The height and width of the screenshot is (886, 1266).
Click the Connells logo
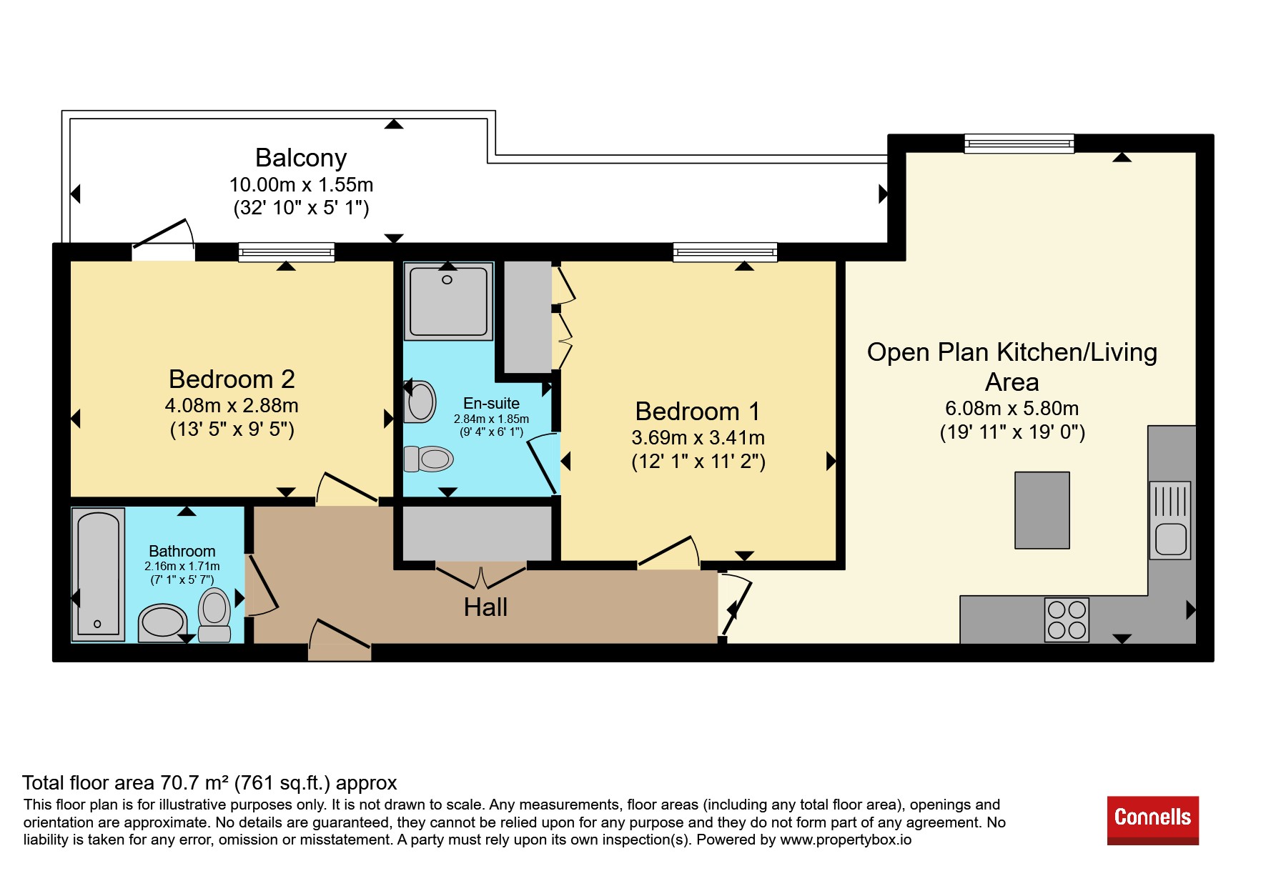[1152, 820]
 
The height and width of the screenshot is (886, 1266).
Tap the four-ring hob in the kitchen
[1067, 619]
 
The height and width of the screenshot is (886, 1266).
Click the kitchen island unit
[1042, 510]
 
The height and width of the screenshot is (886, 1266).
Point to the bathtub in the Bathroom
[98, 574]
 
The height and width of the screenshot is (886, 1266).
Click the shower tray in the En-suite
[448, 301]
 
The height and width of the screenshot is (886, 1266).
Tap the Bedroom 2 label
[232, 379]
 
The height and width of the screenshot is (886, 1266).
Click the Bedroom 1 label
[698, 412]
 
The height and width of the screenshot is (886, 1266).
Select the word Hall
[485, 607]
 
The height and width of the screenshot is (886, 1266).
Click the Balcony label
[301, 158]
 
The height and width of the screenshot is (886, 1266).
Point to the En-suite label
[491, 403]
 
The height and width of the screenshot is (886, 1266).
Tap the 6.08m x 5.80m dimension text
[1012, 409]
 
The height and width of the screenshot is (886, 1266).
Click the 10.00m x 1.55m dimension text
[301, 185]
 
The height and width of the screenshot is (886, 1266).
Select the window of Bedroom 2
[287, 252]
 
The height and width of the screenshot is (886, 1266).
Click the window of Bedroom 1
[725, 252]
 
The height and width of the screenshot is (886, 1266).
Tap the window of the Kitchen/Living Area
[1019, 144]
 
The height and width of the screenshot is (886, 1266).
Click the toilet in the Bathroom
[214, 614]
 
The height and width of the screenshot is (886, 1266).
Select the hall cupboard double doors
[480, 576]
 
